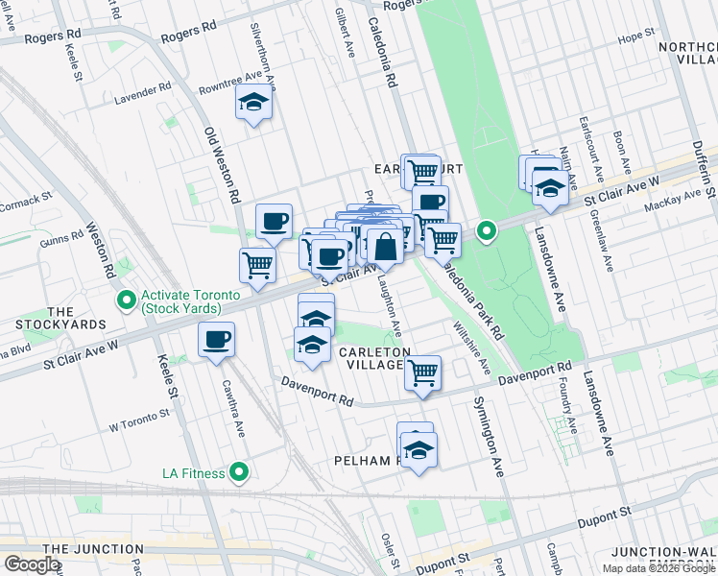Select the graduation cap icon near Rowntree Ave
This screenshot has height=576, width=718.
pyautogui.click(x=254, y=105)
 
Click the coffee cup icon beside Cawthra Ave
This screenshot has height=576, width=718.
pyautogui.click(x=216, y=340)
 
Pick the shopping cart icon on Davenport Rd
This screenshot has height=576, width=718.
pyautogui.click(x=422, y=372)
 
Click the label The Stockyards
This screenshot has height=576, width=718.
pyautogui.click(x=61, y=319)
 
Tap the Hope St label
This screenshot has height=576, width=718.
pyautogui.click(x=635, y=37)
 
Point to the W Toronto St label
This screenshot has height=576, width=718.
pyautogui.click(x=139, y=420)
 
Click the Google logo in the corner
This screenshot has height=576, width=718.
pyautogui.click(x=33, y=564)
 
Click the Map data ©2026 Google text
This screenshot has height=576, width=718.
pyautogui.click(x=658, y=568)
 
